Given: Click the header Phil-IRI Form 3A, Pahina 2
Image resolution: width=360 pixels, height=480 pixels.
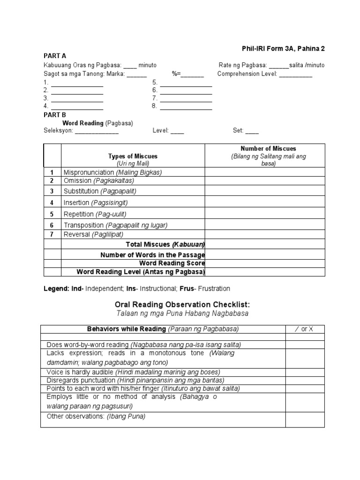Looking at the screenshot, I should pyautogui.click(x=283, y=48).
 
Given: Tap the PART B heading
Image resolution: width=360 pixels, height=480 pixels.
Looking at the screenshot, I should pyautogui.click(x=54, y=115).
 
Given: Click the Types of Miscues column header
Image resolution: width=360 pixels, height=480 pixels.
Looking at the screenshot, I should pyautogui.click(x=133, y=156).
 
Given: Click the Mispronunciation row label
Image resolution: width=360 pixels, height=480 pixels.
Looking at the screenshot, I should pyautogui.click(x=112, y=172).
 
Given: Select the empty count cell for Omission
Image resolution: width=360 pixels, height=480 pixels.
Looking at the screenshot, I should pyautogui.click(x=268, y=181).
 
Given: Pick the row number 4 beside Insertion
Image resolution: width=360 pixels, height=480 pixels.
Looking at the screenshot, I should pyautogui.click(x=52, y=202).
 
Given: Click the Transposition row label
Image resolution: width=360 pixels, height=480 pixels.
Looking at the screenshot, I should pyautogui.click(x=115, y=225).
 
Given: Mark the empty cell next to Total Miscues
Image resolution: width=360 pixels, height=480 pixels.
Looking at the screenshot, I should pyautogui.click(x=268, y=244).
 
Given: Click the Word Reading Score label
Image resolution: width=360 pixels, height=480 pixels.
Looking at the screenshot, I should pyautogui.click(x=172, y=263).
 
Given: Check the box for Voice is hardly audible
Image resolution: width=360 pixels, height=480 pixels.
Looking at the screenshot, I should pyautogui.click(x=305, y=372).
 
